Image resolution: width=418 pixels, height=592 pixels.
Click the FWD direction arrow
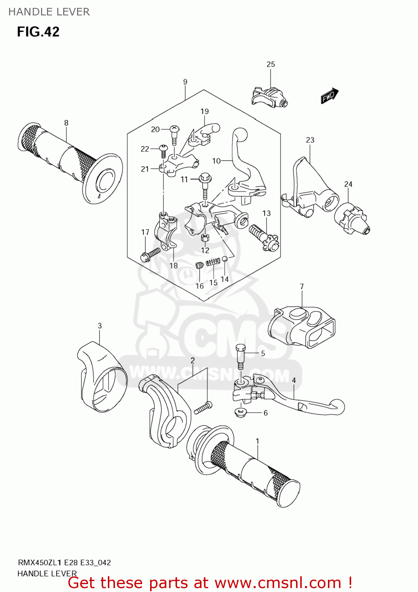(330, 96)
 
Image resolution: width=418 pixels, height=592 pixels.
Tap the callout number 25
(271, 64)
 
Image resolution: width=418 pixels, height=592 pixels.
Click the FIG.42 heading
(38, 32)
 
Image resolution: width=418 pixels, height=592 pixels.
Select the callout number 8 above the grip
(66, 123)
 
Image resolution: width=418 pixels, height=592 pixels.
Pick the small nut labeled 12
(205, 238)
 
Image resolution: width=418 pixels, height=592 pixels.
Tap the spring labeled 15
(214, 261)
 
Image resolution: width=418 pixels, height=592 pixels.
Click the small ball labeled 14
(224, 259)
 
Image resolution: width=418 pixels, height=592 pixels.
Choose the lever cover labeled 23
(310, 185)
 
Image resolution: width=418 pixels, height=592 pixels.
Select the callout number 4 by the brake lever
(294, 380)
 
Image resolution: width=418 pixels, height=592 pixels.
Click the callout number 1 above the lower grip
(257, 441)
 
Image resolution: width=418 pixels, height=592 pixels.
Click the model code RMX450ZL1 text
(39, 563)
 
